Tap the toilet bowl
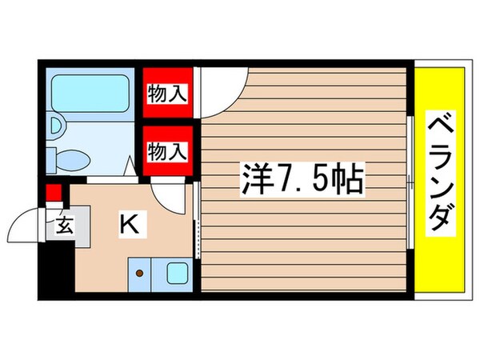pyautogui.click(x=75, y=157)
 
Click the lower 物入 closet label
pyautogui.click(x=167, y=150)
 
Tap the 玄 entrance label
pyautogui.click(x=64, y=226)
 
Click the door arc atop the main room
pyautogui.click(x=223, y=84)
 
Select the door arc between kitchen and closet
pyautogui.click(x=170, y=191)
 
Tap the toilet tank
pyautogui.click(x=52, y=157)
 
